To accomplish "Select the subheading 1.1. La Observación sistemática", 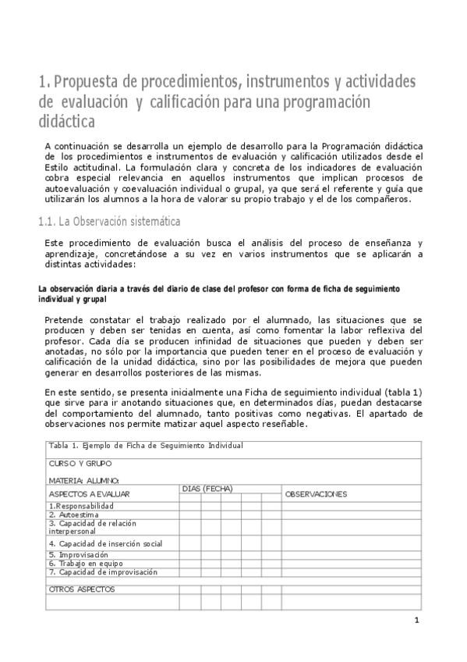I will pos(109,222).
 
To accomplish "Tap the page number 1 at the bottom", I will pos(417,621).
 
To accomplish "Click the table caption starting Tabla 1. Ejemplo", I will pos(146,445).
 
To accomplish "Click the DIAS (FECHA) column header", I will pos(207,489).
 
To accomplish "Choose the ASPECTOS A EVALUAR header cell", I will pos(89,494).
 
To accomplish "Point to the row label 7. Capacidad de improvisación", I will pos(100,571).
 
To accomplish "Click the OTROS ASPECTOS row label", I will pos(81,589).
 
